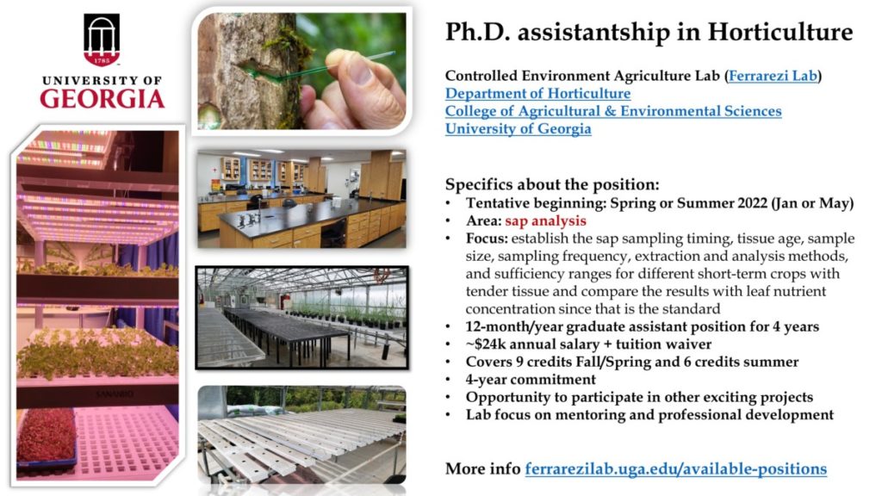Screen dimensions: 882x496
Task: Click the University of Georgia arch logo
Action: click(102, 40)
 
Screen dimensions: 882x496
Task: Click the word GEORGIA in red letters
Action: click(102, 99)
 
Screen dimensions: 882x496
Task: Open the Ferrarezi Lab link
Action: click(773, 76)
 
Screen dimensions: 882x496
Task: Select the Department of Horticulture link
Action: click(537, 93)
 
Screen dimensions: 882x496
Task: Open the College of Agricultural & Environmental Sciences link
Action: click(613, 111)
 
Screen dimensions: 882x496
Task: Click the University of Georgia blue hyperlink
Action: click(518, 129)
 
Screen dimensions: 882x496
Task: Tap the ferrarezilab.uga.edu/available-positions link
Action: click(675, 469)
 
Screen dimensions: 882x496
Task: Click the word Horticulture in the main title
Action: click(780, 32)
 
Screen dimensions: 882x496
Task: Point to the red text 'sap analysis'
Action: click(545, 221)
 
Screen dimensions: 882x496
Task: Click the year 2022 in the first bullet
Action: click(753, 203)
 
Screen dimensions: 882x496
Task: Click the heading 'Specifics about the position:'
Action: click(552, 184)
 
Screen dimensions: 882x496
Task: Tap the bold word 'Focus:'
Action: click(487, 239)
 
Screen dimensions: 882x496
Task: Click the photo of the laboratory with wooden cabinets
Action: click(301, 199)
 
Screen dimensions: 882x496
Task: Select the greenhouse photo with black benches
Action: click(302, 318)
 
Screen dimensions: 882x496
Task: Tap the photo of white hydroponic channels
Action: click(301, 434)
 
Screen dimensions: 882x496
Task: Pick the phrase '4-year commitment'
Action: click(531, 380)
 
